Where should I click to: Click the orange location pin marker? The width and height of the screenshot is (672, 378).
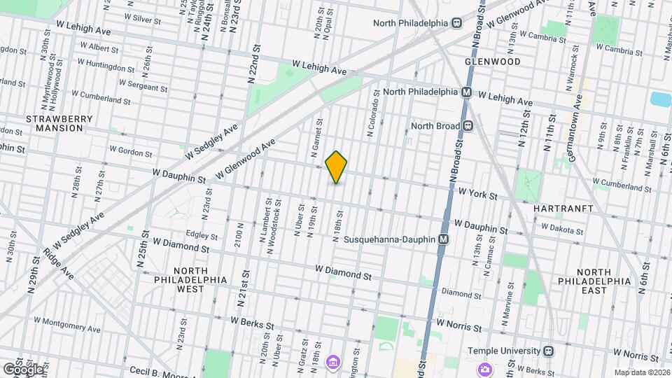tap(337, 167)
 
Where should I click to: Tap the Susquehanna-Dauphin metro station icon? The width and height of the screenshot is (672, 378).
tap(443, 239)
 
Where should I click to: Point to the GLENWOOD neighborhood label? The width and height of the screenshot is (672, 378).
tap(493, 62)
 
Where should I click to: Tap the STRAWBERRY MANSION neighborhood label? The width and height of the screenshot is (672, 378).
tap(59, 124)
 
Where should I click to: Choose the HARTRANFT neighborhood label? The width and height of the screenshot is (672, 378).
tap(563, 209)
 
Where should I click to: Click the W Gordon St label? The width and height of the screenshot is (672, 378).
tap(131, 150)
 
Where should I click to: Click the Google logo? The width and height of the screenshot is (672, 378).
tap(22, 369)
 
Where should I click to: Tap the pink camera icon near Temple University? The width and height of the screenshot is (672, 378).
tap(484, 369)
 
